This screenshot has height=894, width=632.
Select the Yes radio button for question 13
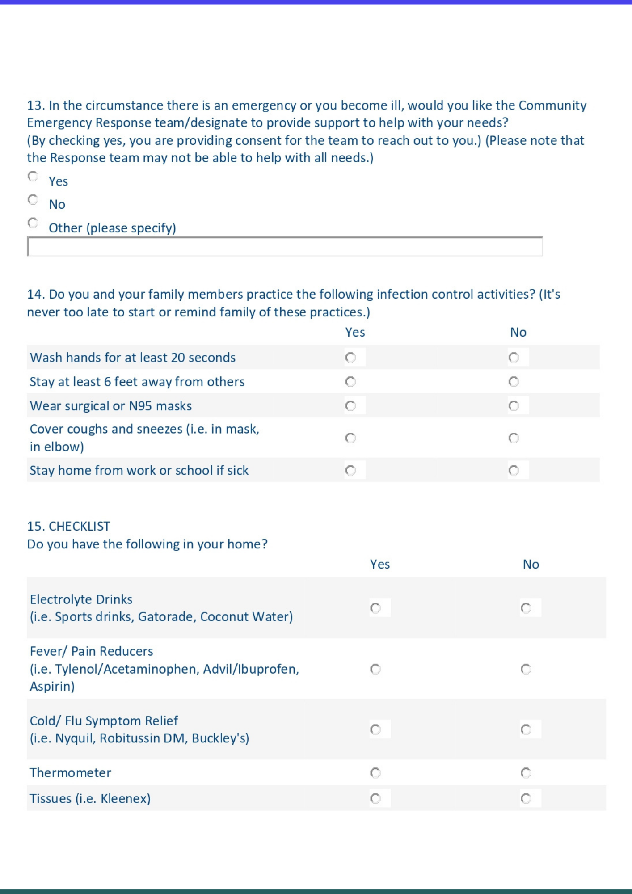(x=33, y=177)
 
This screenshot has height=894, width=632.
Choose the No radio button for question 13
(x=33, y=200)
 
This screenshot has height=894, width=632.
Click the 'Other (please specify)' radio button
(x=33, y=223)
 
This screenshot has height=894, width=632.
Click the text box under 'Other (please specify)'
(x=285, y=247)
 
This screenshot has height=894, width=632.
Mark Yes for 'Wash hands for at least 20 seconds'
(x=351, y=358)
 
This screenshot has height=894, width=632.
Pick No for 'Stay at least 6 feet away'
(x=514, y=382)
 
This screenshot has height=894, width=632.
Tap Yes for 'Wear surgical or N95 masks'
(x=351, y=406)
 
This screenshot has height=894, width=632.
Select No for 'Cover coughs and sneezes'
(x=514, y=438)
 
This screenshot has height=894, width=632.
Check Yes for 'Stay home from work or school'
(x=351, y=471)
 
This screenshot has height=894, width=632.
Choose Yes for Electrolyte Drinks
(x=376, y=608)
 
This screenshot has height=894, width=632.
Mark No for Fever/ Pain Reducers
(x=526, y=669)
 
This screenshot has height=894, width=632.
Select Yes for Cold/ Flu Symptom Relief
(x=376, y=730)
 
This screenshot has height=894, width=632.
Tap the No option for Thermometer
(x=526, y=773)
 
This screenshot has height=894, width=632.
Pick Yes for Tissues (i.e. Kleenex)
(x=376, y=799)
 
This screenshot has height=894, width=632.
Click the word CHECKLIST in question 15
(x=80, y=527)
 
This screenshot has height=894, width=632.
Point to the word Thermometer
(x=70, y=773)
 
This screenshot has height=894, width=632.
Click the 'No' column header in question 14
(x=518, y=333)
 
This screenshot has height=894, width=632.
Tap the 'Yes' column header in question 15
(x=380, y=565)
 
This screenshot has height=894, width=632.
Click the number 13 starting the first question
(x=35, y=105)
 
